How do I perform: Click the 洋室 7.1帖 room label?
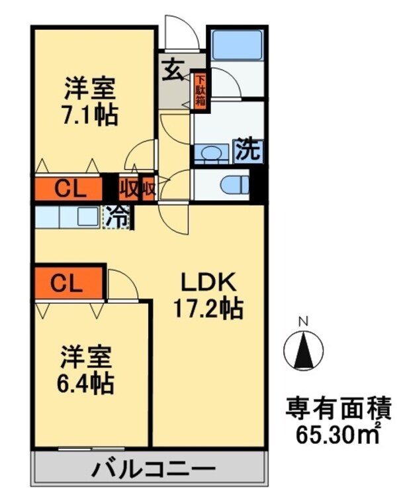pyautogui.click(x=91, y=101)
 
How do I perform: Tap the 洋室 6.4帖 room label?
pyautogui.click(x=86, y=370)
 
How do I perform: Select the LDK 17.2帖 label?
pyautogui.click(x=208, y=295)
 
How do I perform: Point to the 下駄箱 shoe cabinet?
pyautogui.click(x=200, y=90)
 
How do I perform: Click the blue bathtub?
pyautogui.click(x=237, y=44)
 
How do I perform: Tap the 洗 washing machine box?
pyautogui.click(x=249, y=152)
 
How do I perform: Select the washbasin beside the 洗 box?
pyautogui.click(x=211, y=154)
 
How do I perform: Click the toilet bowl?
pyautogui.click(x=235, y=185)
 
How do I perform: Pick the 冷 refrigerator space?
pyautogui.click(x=117, y=217)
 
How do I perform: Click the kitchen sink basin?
pyautogui.click(x=88, y=217)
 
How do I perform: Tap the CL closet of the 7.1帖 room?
pyautogui.click(x=68, y=189)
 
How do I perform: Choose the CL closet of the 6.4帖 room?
pyautogui.click(x=69, y=282)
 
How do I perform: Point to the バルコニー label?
pyautogui.click(x=154, y=469)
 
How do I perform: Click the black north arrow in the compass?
pyautogui.click(x=304, y=350)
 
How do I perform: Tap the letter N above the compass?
pyautogui.click(x=304, y=322)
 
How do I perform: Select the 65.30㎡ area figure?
pyautogui.click(x=338, y=435)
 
